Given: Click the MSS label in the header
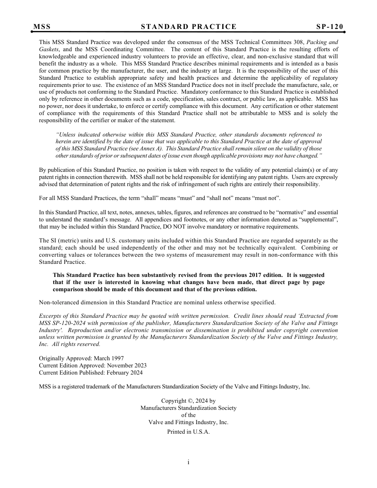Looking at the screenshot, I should point(42,27).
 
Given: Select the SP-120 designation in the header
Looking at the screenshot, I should point(329,27).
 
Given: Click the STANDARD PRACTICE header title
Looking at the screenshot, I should point(188,27).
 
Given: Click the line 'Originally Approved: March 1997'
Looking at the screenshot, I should point(81,358).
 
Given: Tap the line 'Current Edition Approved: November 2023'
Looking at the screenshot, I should point(92,365).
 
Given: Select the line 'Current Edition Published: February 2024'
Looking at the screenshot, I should point(90,373).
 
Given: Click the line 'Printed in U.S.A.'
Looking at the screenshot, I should point(188,432).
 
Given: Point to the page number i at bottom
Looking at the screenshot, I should point(188,462).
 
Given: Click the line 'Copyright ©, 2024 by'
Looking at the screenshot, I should point(188,401).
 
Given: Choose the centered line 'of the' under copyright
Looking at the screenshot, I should point(188,415).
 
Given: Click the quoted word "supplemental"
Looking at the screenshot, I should point(319,219).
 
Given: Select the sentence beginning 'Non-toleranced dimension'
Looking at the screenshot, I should point(157,302).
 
